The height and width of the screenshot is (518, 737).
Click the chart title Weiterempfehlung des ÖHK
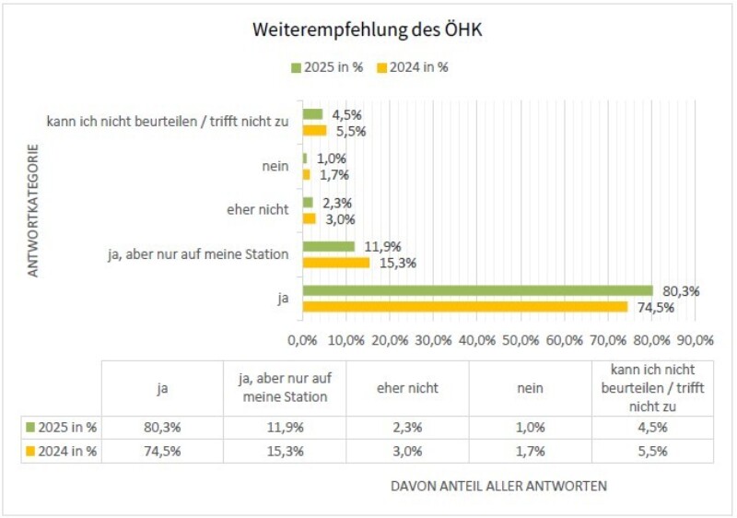(x=368, y=30)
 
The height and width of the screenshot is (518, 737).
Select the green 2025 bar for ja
(x=477, y=291)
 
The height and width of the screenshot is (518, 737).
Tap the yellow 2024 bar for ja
(x=464, y=307)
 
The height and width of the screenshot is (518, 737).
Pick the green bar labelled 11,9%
(x=329, y=246)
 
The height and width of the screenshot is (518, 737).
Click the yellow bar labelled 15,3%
(x=336, y=263)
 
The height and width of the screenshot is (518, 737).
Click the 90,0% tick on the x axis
(x=695, y=339)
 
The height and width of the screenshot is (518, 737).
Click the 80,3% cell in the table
(x=161, y=428)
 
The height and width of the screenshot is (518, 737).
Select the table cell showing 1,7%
(x=530, y=452)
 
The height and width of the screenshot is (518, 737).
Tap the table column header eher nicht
(x=407, y=388)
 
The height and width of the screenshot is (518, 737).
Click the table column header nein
(x=530, y=388)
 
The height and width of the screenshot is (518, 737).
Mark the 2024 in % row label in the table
(x=63, y=452)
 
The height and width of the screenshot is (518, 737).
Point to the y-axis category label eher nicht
(x=257, y=210)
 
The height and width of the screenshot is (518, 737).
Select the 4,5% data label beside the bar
(x=345, y=115)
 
